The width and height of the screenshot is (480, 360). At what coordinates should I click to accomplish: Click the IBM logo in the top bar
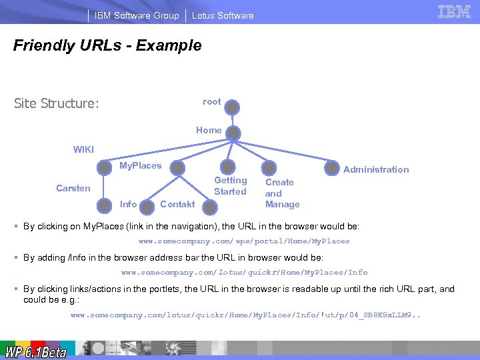click(455, 12)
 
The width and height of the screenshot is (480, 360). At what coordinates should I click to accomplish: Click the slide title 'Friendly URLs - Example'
click(107, 45)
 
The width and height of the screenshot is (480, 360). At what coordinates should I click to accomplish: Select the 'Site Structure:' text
click(57, 103)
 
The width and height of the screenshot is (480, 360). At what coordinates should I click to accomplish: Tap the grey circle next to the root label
click(231, 107)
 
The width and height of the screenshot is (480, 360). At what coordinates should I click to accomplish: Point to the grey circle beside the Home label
click(233, 133)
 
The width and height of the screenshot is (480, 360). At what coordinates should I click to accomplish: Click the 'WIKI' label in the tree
click(83, 149)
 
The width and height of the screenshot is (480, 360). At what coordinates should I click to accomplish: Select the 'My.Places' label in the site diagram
click(140, 165)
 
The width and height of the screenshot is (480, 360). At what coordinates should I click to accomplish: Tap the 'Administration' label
click(376, 169)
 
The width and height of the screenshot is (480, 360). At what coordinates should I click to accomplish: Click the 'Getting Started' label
click(230, 186)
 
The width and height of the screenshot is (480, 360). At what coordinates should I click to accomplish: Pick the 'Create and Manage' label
click(282, 193)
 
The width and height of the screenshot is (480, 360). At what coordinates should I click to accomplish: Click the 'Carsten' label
click(73, 188)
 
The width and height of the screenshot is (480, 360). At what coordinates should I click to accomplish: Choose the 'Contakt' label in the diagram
click(177, 204)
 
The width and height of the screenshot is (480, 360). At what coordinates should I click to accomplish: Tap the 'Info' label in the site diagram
click(128, 204)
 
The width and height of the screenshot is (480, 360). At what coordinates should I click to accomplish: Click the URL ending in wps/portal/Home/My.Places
click(244, 241)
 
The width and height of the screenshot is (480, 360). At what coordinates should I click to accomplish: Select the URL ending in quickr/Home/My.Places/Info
click(244, 272)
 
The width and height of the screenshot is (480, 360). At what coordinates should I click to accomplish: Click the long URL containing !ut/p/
click(245, 315)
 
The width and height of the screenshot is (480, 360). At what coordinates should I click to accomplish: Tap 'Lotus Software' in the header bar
click(223, 15)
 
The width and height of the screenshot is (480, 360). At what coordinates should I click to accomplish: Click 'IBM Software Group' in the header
click(137, 15)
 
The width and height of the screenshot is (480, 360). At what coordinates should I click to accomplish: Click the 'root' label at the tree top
click(211, 101)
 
